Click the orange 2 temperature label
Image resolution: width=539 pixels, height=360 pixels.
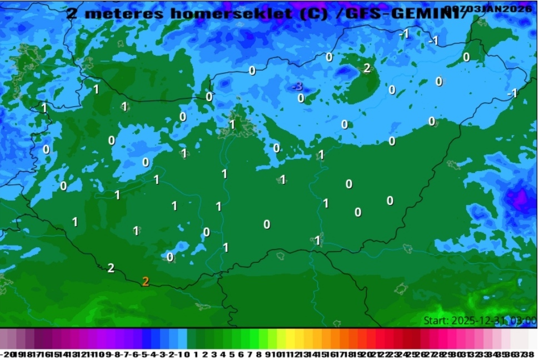pos(146,282)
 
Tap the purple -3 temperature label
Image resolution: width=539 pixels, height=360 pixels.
pos(298,87)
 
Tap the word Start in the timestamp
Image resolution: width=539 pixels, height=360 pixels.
pos(436,321)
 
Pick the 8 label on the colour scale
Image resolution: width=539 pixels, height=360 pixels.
pos(258,354)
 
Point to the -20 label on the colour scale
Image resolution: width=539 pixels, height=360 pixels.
pos(6,354)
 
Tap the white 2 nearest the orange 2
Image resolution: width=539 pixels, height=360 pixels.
pos(111,268)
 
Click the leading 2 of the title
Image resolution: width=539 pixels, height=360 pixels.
pos(72,13)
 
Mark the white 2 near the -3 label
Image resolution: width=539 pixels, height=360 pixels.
pos(367,69)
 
